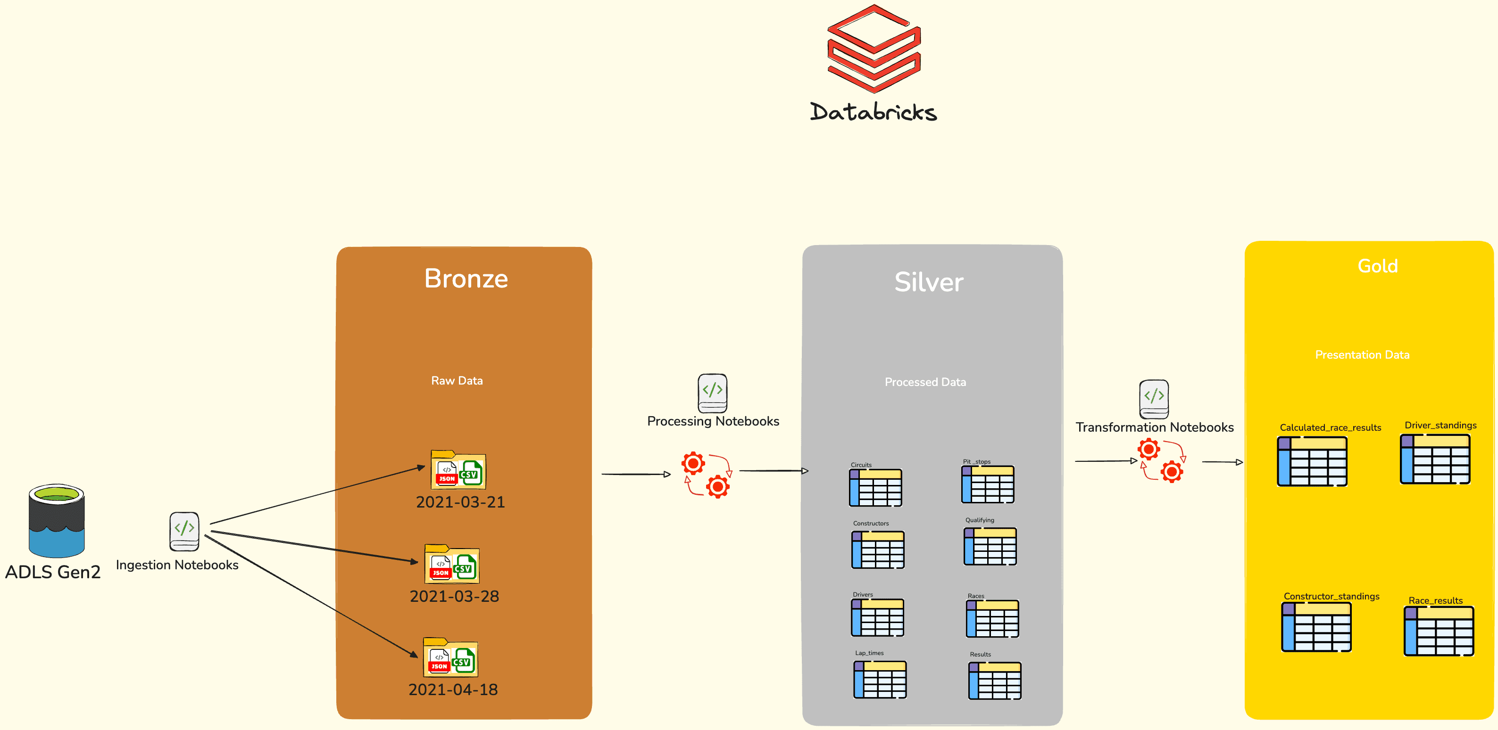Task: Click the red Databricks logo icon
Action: [x=874, y=49]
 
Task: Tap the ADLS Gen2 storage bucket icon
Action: [x=57, y=521]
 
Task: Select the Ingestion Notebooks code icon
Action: [x=184, y=531]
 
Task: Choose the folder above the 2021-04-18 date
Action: [x=451, y=658]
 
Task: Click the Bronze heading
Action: [x=466, y=279]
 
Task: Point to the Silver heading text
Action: [x=929, y=282]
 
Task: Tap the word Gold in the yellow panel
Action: [x=1377, y=266]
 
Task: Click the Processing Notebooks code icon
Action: [x=712, y=393]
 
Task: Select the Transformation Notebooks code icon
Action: [x=1154, y=399]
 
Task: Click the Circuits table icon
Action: [x=876, y=488]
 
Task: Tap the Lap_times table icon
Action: [x=880, y=680]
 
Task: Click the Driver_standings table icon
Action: [x=1435, y=459]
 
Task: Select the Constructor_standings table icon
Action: [x=1316, y=627]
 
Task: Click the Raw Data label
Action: [x=457, y=381]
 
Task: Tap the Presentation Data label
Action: [x=1362, y=354]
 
